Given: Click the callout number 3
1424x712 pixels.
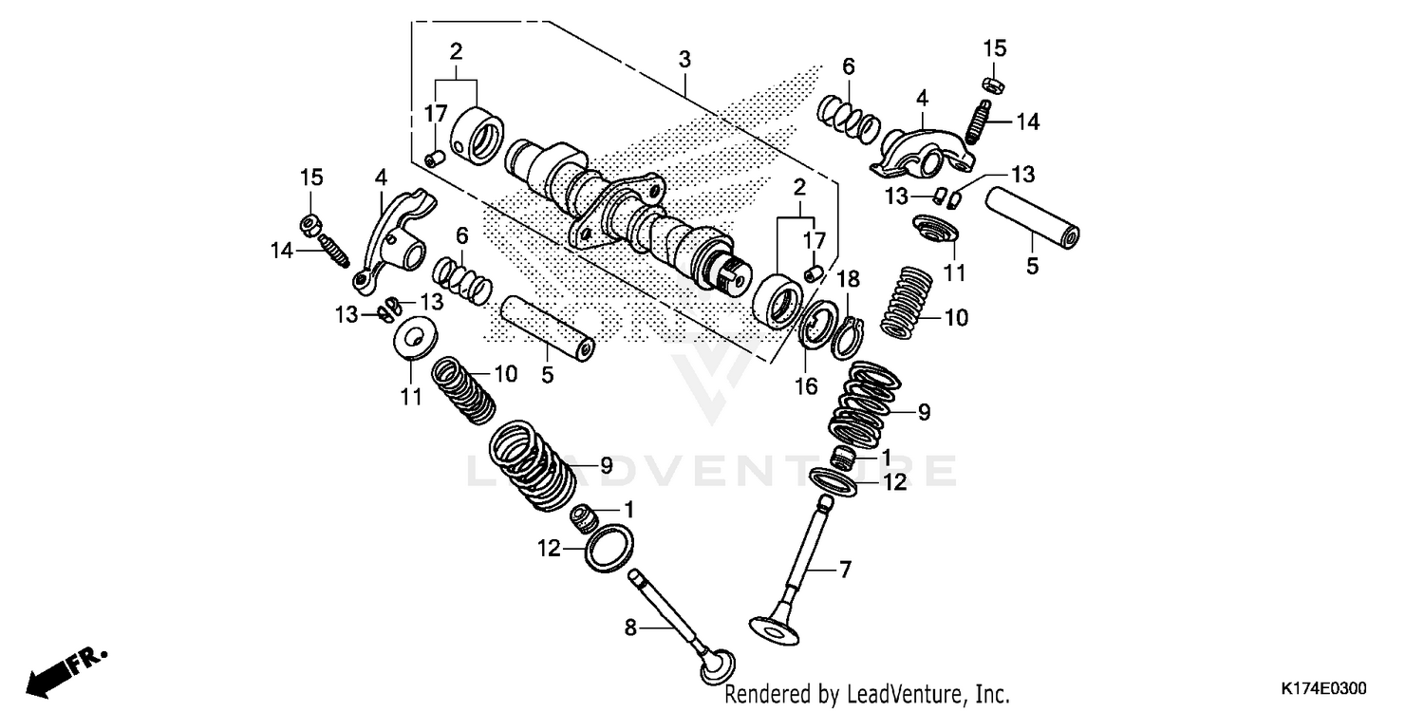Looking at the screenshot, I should coord(684,60).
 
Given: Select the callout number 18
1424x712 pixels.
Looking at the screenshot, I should coord(848,278).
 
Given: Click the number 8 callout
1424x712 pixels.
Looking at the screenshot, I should coord(628,627).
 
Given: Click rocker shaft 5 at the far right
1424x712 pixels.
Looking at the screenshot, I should coord(1035,217).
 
